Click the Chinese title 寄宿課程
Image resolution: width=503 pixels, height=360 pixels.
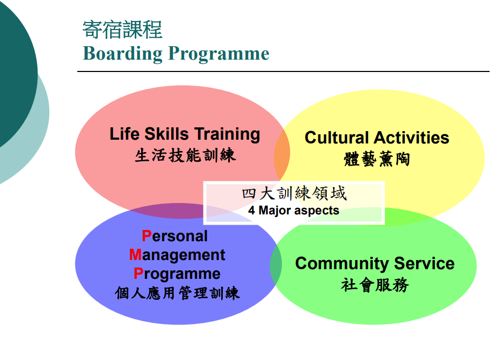coord(122,30)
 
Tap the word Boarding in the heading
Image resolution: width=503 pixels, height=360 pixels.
coord(122,54)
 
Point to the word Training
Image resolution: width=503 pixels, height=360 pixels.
coord(227,134)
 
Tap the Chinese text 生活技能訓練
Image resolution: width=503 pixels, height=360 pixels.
coord(185,155)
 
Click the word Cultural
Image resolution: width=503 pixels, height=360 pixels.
coord(336,138)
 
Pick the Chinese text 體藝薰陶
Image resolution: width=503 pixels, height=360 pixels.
coord(377,159)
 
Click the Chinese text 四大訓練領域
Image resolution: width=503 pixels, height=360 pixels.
coord(294,193)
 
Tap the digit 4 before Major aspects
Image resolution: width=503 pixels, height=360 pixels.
coord(251,210)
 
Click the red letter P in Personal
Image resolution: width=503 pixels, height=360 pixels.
coord(147,236)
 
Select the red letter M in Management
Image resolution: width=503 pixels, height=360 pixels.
coord(135,255)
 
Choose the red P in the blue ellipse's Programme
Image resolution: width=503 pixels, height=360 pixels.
coord(138,273)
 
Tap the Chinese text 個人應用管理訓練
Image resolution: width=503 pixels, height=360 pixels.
coord(177,293)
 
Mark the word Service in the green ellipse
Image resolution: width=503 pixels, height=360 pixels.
coord(424,263)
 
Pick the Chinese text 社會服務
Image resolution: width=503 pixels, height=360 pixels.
coord(375,285)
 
